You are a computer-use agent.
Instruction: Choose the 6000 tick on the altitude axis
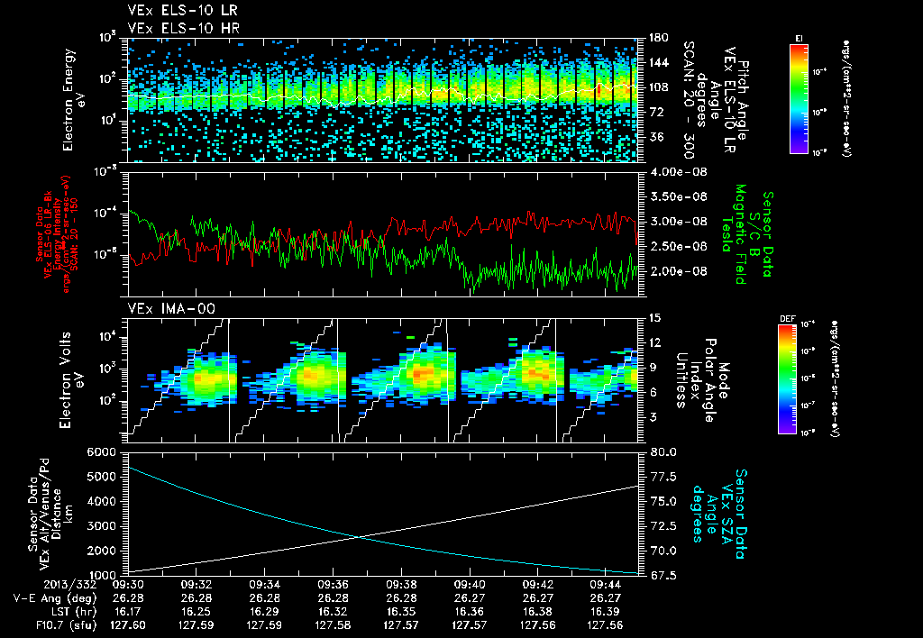(108, 451)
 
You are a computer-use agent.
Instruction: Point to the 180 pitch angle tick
(655, 38)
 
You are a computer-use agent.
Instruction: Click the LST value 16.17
(130, 610)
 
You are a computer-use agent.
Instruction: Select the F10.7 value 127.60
(128, 624)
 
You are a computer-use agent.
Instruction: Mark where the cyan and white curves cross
(361, 537)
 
